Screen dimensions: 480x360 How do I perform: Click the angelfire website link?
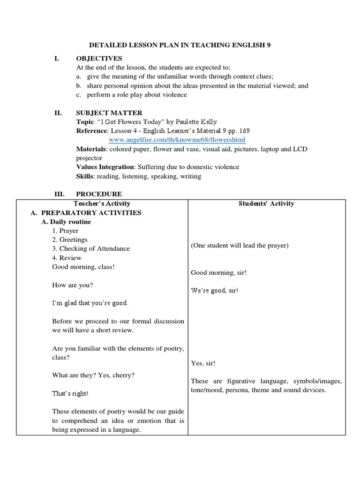click(177, 140)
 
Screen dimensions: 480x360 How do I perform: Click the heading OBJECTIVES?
click(99, 59)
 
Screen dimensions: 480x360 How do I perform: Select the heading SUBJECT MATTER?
click(109, 113)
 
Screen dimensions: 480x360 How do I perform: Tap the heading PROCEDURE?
click(99, 194)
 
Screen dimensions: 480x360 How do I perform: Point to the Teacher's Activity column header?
click(102, 203)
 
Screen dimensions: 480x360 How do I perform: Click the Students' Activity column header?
click(266, 203)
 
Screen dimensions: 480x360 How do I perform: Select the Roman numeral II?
click(58, 113)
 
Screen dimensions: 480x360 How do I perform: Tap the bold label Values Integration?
click(105, 167)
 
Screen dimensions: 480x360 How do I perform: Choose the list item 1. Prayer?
click(65, 231)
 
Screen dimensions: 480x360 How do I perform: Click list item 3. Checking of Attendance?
click(91, 248)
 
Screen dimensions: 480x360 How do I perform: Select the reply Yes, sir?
click(203, 363)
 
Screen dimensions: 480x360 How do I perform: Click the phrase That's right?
click(70, 394)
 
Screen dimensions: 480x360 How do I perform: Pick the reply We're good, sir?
click(215, 291)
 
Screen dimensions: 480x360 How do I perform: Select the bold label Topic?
click(85, 122)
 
